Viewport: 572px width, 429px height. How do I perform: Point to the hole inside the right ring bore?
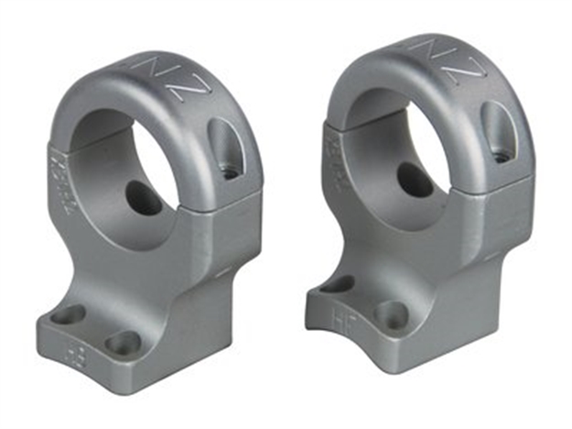[x=416, y=179]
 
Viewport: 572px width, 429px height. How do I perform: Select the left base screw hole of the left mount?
[x=67, y=316]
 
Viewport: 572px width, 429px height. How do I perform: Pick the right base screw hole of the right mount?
[x=392, y=314]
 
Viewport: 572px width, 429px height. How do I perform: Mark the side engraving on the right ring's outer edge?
[x=330, y=147]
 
